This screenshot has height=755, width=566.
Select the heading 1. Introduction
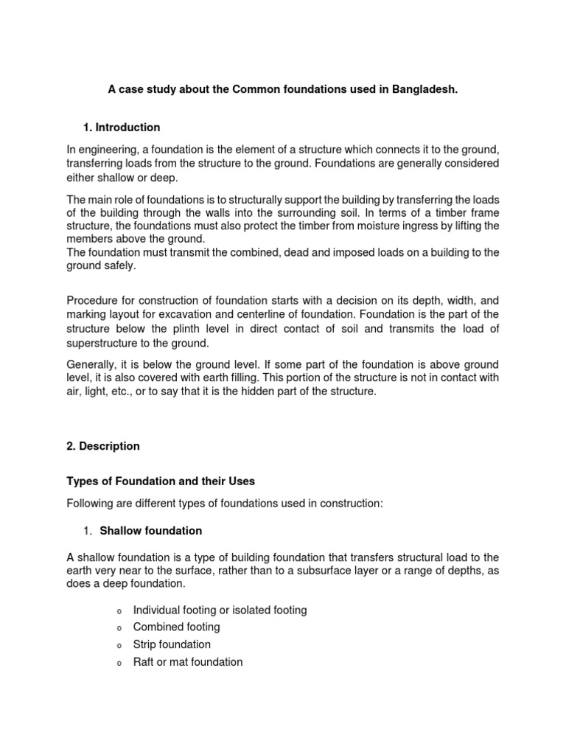pos(122,128)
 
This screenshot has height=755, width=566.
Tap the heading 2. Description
pos(103,446)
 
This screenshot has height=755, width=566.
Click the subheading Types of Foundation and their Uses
pos(161,481)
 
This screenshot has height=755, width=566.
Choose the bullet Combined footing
pos(176,627)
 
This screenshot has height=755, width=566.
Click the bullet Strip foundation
pos(172,644)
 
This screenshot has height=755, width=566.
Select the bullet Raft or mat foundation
pos(187,662)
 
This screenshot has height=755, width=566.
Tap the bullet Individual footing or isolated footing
pos(220,610)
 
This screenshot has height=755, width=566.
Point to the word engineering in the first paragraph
pos(110,149)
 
